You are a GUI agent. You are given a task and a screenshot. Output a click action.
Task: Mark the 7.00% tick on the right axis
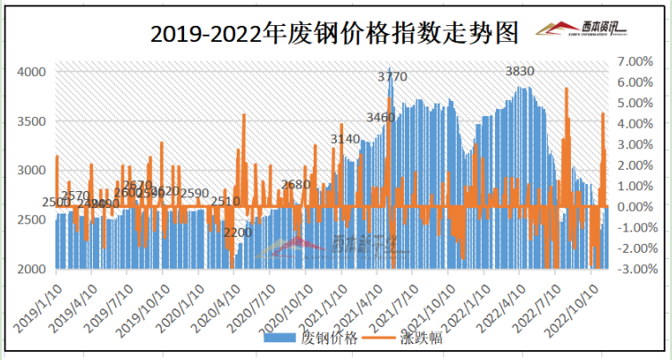635,62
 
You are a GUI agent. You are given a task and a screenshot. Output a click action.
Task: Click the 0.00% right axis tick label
635,206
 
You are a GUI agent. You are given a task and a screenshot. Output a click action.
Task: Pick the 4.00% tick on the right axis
635,123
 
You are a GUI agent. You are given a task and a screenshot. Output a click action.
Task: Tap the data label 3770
391,77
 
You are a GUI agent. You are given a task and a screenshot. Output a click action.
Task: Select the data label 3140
345,138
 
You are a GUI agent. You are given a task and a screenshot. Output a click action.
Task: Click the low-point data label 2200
238,232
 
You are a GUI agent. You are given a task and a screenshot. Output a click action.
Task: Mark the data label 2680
295,184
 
